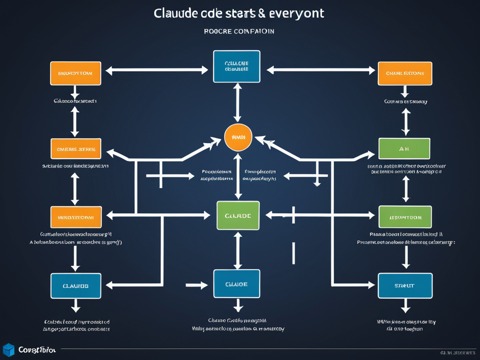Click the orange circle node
tap(238, 138)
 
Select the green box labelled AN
tap(404, 149)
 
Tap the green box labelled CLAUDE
tap(238, 216)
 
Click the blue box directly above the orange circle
tap(237, 66)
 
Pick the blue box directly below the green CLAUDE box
tap(237, 284)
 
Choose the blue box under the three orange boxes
tap(75, 285)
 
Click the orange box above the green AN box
tap(405, 73)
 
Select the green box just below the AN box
tap(405, 217)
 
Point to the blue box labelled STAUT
tap(405, 285)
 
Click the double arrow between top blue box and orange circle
tap(238, 103)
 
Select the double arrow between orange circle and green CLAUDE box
tap(238, 176)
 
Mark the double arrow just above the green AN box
tap(406, 122)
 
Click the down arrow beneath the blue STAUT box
tap(405, 307)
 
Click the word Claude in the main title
tap(176, 13)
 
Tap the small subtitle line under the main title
tap(239, 31)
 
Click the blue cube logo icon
tap(8, 350)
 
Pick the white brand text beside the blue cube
tap(37, 350)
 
